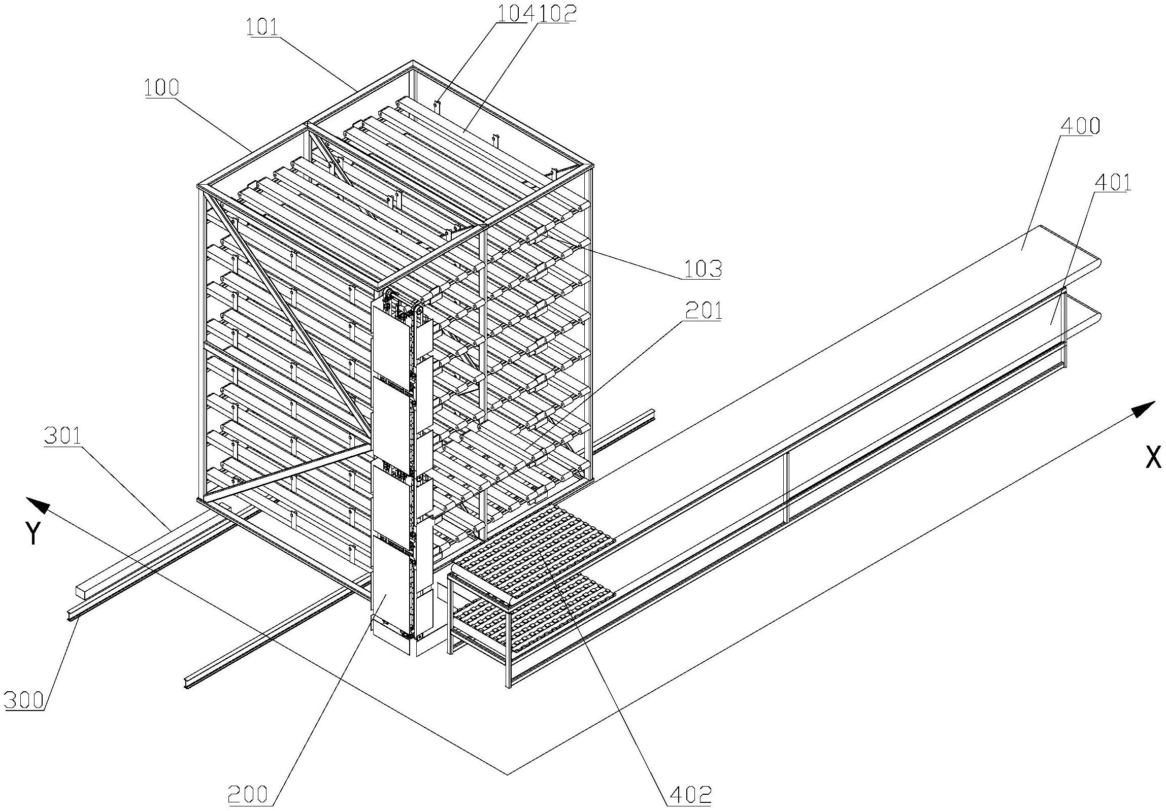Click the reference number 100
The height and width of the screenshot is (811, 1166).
[x=161, y=88]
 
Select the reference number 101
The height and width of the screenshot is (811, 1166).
[x=263, y=28]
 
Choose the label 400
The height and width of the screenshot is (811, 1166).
[x=1080, y=125]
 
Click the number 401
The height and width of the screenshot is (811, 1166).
[x=1113, y=182]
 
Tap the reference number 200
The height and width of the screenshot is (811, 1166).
[x=248, y=793]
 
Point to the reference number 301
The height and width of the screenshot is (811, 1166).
[x=63, y=436]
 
